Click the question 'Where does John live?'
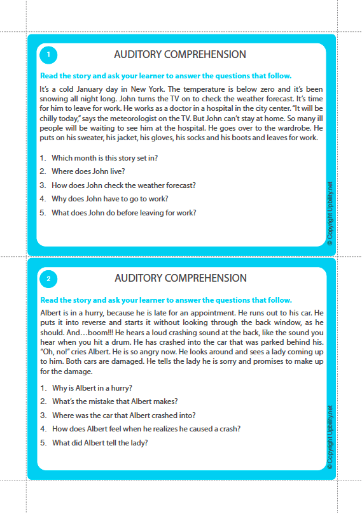click(88, 171)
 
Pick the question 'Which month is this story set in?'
click(104, 157)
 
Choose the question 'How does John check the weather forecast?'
click(123, 185)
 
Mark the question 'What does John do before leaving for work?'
click(123, 213)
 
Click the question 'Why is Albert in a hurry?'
click(92, 388)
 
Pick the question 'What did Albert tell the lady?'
click(100, 443)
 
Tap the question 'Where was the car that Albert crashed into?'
click(123, 415)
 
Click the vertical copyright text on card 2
click(329, 437)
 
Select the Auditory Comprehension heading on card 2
click(180, 278)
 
